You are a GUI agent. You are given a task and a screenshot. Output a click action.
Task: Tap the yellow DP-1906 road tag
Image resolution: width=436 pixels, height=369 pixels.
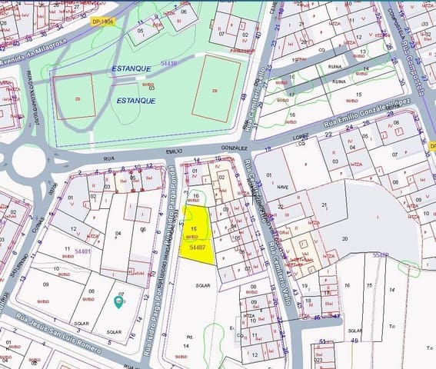[102, 22]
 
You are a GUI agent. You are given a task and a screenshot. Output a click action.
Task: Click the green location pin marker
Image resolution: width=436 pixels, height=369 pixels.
[118, 301]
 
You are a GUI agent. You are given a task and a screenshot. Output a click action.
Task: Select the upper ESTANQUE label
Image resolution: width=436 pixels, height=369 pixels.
[131, 68]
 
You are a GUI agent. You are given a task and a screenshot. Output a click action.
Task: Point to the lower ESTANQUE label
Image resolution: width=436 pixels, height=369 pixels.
[136, 100]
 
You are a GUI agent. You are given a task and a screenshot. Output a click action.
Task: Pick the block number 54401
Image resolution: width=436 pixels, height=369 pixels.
[83, 251]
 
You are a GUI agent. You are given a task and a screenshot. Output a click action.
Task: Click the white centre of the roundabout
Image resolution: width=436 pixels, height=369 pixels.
[28, 160]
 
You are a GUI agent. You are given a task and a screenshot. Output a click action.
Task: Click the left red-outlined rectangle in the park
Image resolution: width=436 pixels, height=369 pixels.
[75, 97]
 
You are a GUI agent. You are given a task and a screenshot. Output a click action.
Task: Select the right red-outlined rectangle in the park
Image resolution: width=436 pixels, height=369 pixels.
[215, 89]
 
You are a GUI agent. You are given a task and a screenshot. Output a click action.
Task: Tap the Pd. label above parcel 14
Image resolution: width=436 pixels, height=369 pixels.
[189, 336]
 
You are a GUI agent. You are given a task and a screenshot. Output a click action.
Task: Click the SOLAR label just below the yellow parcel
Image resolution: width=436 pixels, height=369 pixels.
[203, 284]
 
